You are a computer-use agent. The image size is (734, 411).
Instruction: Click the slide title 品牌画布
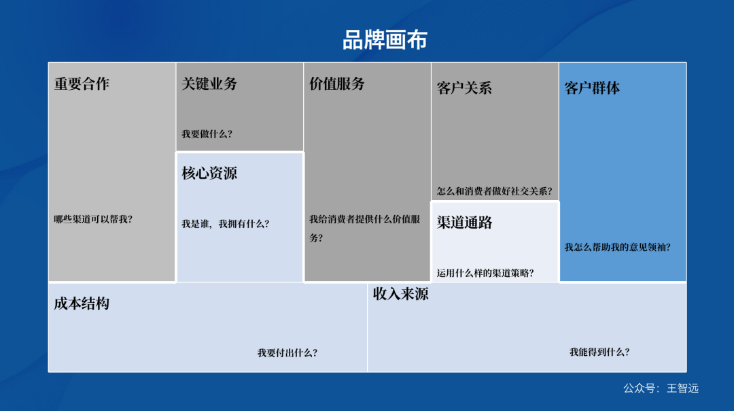(x=385, y=40)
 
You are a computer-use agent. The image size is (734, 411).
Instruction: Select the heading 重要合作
(x=82, y=84)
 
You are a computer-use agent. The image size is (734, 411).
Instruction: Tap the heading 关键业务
(x=209, y=84)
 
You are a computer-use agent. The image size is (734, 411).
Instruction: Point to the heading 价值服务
(x=337, y=84)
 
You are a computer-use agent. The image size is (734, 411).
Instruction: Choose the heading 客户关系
(x=464, y=88)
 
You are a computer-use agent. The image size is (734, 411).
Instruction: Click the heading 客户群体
(x=592, y=88)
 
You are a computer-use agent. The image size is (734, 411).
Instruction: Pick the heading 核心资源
(x=209, y=174)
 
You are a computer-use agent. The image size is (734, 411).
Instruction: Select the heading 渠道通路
(x=464, y=223)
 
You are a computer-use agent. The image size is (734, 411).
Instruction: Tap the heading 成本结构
(x=82, y=304)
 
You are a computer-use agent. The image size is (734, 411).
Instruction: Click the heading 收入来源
(x=400, y=295)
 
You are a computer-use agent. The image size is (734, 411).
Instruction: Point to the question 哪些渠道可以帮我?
(x=93, y=220)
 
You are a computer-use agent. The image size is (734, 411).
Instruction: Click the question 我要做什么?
(x=207, y=134)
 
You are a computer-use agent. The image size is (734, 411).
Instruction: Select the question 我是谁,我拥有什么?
(x=225, y=224)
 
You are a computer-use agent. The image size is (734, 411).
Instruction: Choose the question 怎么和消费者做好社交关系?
(x=494, y=192)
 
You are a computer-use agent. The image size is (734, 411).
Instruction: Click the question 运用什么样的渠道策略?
(x=485, y=274)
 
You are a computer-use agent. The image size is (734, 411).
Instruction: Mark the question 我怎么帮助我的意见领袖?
(x=617, y=248)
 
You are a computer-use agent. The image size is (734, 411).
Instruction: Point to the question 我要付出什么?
(x=287, y=353)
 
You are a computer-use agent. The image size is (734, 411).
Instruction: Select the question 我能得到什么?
(x=599, y=352)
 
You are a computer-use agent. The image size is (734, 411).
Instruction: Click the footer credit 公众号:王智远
(x=661, y=389)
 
